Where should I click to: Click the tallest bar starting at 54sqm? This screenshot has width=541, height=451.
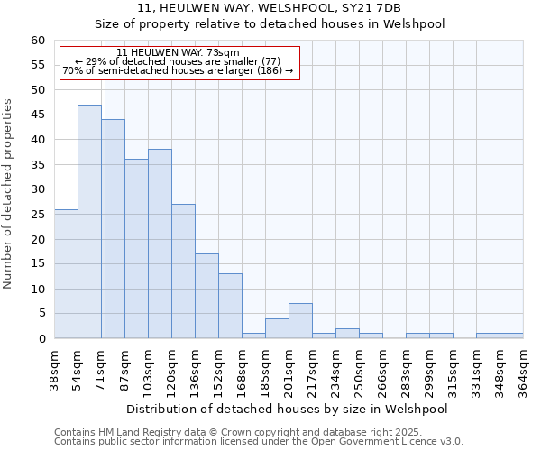click(89, 221)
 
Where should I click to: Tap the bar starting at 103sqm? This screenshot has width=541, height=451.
click(160, 244)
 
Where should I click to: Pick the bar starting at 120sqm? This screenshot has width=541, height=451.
click(183, 271)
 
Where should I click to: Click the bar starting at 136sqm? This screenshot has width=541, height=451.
click(206, 296)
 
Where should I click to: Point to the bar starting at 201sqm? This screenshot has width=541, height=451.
click(300, 321)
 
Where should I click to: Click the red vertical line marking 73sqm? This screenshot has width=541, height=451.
click(105, 207)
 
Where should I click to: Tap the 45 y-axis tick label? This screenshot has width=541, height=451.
click(38, 115)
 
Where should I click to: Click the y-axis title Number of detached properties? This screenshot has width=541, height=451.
click(9, 194)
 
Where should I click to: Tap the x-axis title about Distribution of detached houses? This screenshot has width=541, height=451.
click(287, 409)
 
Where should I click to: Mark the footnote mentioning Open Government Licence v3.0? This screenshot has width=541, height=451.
click(259, 441)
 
